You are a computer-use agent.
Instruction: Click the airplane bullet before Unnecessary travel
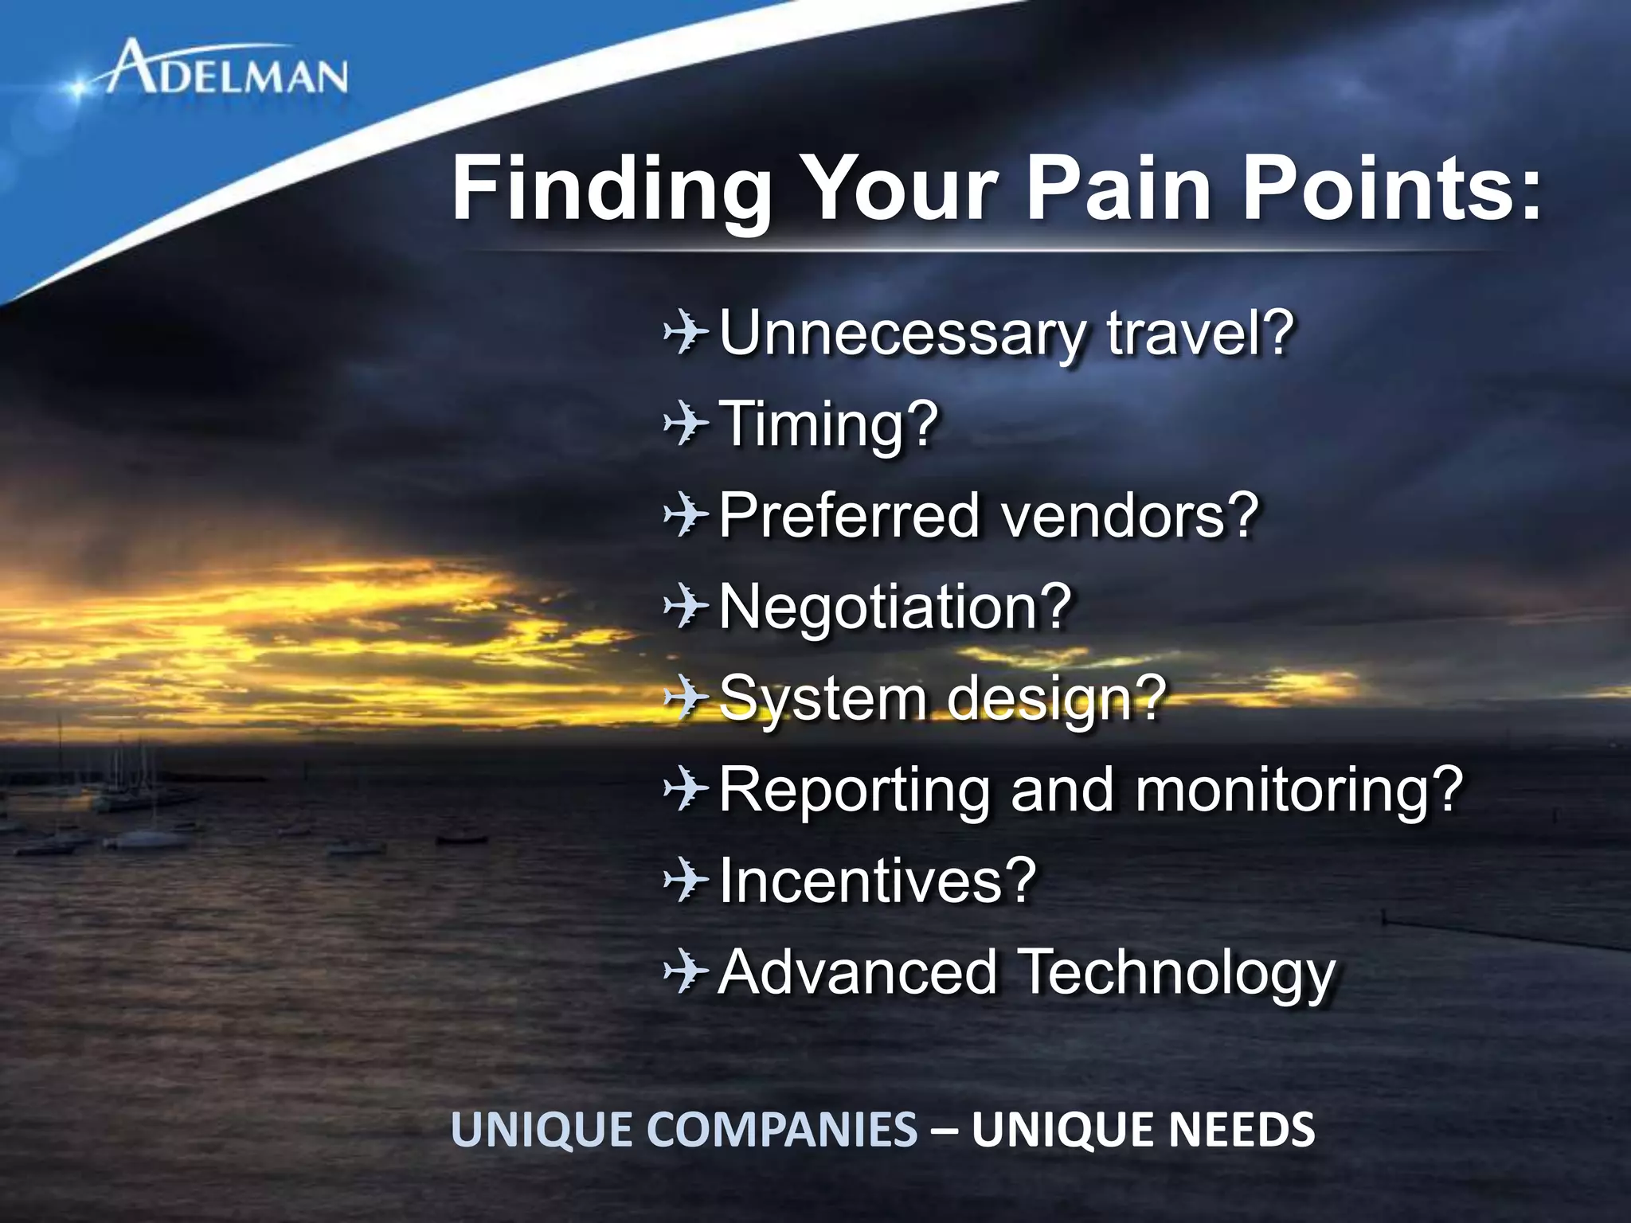(686, 333)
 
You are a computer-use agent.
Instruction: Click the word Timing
(828, 424)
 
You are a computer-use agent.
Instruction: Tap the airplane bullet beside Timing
(686, 424)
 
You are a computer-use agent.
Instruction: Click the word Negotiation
(895, 607)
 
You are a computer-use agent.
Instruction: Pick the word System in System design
(823, 698)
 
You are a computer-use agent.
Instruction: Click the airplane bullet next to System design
(686, 698)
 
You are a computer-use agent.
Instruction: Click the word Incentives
(877, 881)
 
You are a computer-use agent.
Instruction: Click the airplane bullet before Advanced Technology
(686, 972)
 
